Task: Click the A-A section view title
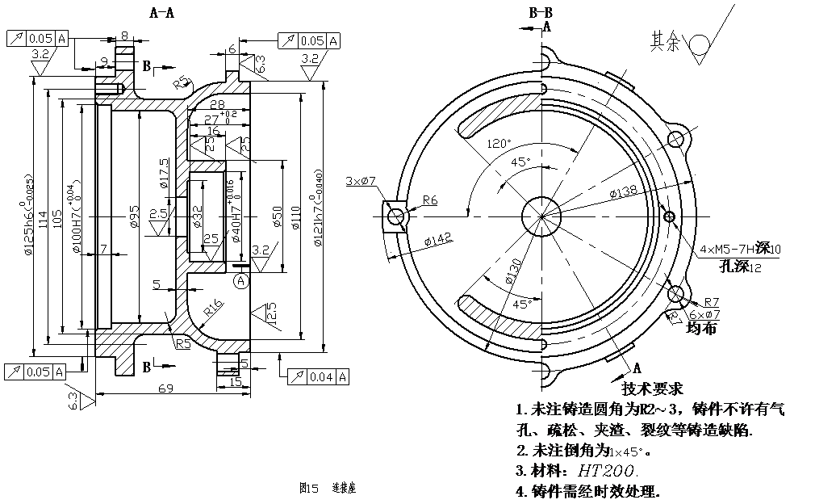[162, 12]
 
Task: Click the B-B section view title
[540, 12]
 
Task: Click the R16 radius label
[213, 307]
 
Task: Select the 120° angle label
[499, 144]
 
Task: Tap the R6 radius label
[429, 200]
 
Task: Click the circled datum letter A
[240, 281]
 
